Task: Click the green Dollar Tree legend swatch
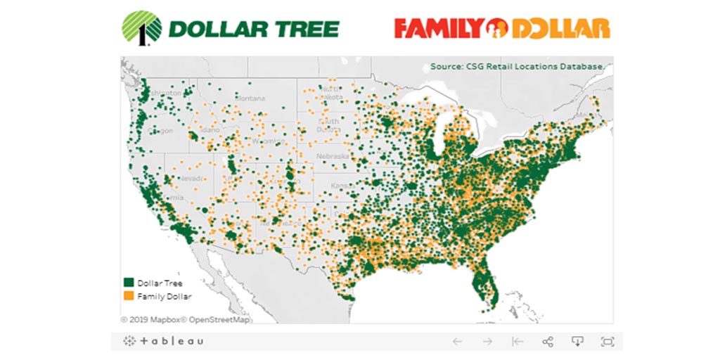click(x=129, y=283)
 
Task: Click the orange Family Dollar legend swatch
click(x=129, y=296)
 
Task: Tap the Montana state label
click(x=251, y=98)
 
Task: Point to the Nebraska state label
click(x=333, y=155)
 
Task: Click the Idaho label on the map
click(x=210, y=131)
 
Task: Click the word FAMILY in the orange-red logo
click(x=438, y=28)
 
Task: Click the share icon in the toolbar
click(x=548, y=342)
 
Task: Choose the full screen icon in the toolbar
click(x=607, y=342)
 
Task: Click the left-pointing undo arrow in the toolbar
click(x=458, y=342)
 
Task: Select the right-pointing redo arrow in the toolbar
click(x=487, y=342)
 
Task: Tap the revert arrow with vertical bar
click(x=517, y=342)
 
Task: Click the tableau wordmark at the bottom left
click(x=164, y=342)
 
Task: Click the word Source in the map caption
click(x=445, y=67)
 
